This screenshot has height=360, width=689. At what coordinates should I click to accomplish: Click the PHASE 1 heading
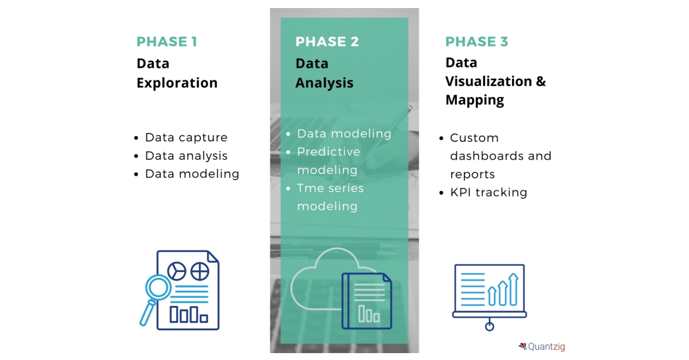pos(167,42)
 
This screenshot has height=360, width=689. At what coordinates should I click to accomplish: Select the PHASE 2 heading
pos(327,42)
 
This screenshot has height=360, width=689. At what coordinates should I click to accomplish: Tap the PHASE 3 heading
pos(477,42)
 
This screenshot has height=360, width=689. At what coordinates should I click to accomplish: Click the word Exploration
pos(177,83)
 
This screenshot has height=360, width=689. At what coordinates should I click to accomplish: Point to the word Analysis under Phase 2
pos(324,83)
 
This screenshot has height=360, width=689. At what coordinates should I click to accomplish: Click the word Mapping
pos(474,100)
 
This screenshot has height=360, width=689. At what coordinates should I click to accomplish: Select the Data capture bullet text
pos(186,138)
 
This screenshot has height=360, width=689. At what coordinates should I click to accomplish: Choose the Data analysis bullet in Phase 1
pos(186,156)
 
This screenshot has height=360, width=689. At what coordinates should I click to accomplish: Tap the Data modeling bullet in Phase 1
pos(192,174)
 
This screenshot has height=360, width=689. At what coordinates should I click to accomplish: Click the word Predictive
pos(328,152)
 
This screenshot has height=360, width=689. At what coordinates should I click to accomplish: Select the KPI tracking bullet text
pos(489,192)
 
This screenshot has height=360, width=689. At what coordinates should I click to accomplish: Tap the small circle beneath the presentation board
pos(489,327)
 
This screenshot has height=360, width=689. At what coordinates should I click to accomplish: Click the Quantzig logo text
pos(545,347)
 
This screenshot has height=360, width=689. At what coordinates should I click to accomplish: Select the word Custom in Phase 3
pos(474,138)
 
